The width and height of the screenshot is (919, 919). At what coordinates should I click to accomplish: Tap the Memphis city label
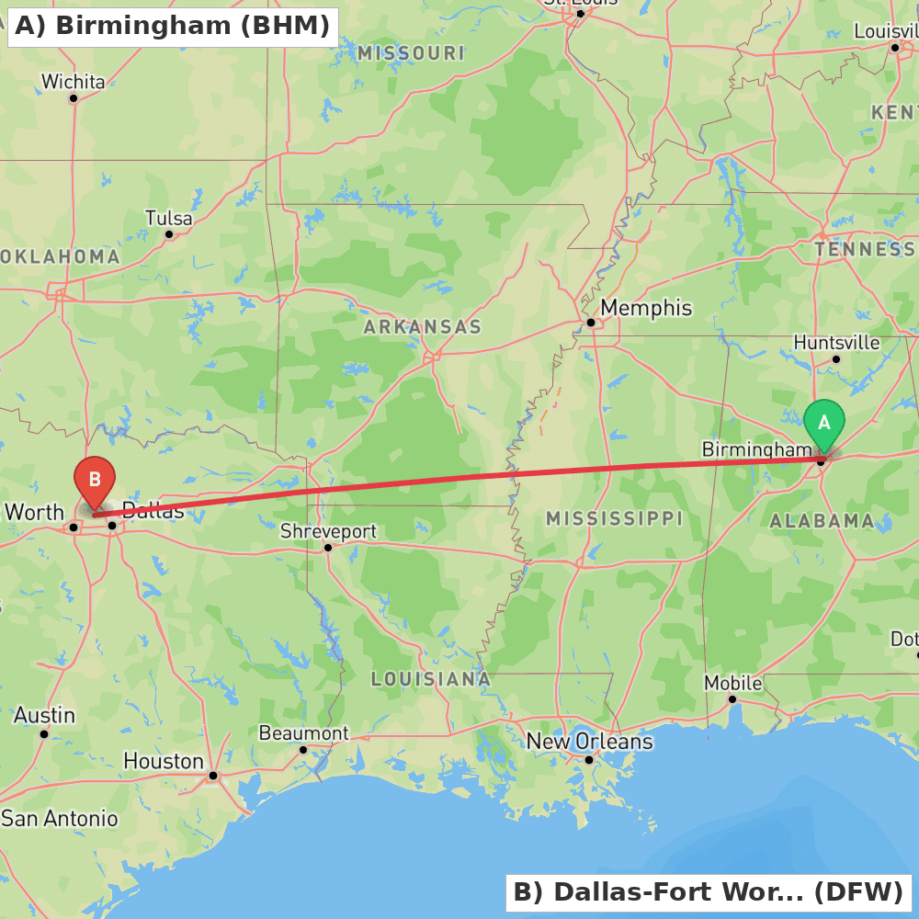click(645, 308)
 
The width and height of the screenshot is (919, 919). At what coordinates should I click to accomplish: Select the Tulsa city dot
click(169, 234)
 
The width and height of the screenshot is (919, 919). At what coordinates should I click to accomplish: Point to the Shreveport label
click(328, 531)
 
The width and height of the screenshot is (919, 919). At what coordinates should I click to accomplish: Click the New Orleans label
click(589, 741)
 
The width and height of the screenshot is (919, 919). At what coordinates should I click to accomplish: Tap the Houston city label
click(164, 761)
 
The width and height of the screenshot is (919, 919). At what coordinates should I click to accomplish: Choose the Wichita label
click(74, 82)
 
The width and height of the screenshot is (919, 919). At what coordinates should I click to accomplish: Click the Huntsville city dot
click(836, 359)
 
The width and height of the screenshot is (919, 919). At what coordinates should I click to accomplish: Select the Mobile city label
click(732, 683)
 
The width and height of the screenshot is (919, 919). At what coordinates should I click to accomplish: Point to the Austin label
click(44, 715)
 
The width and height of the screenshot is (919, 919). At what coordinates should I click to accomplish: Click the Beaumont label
click(303, 732)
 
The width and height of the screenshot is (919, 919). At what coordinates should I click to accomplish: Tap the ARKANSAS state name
click(422, 327)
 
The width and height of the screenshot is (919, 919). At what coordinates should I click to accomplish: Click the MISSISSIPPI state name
click(614, 518)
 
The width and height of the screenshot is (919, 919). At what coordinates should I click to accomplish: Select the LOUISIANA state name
click(430, 679)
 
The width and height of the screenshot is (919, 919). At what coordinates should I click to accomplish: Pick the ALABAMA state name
click(822, 521)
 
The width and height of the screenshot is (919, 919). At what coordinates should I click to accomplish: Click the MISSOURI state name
click(411, 53)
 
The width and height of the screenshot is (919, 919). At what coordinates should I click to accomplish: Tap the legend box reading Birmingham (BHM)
click(172, 27)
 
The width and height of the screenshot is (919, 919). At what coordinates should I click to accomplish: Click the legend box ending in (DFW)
click(708, 891)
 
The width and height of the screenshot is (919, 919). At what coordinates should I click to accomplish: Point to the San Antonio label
click(60, 818)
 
